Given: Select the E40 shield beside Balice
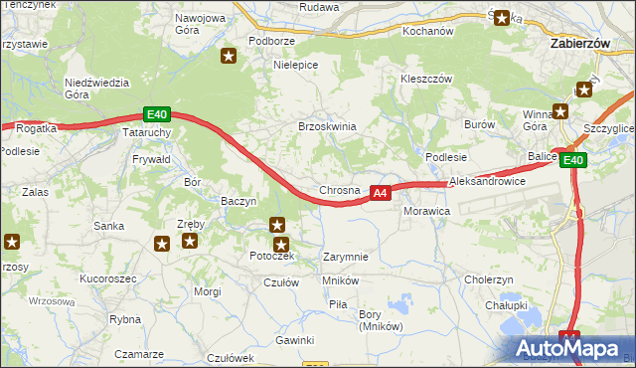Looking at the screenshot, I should (572, 160).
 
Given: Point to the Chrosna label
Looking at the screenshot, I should (339, 190).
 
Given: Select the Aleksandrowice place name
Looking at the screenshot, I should (487, 182).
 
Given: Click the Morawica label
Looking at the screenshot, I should (427, 212).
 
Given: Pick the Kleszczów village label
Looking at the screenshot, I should (426, 79).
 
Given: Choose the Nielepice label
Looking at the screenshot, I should (295, 65).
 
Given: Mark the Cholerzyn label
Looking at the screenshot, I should (488, 279).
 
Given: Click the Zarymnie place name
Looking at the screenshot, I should (346, 257).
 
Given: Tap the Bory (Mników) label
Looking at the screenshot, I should (379, 320).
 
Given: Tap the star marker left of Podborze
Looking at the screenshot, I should (229, 56).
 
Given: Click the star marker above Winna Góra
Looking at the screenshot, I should (583, 90).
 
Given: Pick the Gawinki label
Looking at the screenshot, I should (295, 340).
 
